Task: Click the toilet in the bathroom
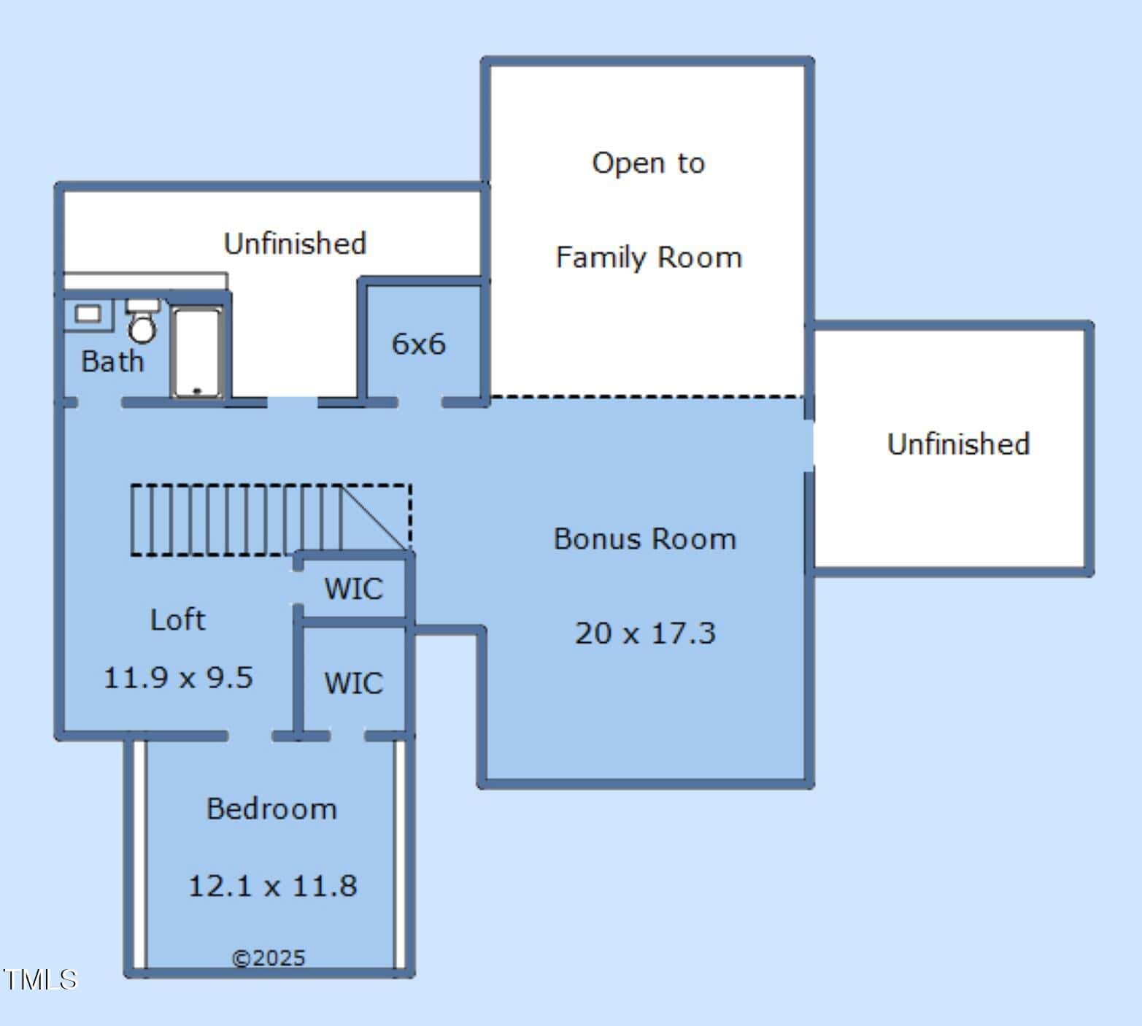pyautogui.click(x=142, y=321)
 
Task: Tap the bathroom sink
pyautogui.click(x=88, y=315)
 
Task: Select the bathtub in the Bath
pyautogui.click(x=197, y=352)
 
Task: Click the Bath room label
pyautogui.click(x=112, y=361)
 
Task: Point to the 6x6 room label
pyautogui.click(x=418, y=344)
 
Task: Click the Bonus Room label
pyautogui.click(x=645, y=539)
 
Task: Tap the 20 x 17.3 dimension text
pyautogui.click(x=645, y=633)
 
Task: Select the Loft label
pyautogui.click(x=177, y=620)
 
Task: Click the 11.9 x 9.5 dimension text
pyautogui.click(x=178, y=677)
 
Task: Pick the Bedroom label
pyautogui.click(x=271, y=809)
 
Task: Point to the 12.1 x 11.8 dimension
pyautogui.click(x=272, y=886)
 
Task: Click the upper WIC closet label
pyautogui.click(x=353, y=589)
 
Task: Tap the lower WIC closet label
pyautogui.click(x=353, y=684)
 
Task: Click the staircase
pyautogui.click(x=271, y=520)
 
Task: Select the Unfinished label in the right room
pyautogui.click(x=958, y=444)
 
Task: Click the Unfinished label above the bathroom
pyautogui.click(x=295, y=243)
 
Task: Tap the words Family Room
pyautogui.click(x=649, y=258)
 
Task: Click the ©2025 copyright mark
pyautogui.click(x=269, y=958)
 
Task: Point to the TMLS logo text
pyautogui.click(x=40, y=979)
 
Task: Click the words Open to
pyautogui.click(x=649, y=163)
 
